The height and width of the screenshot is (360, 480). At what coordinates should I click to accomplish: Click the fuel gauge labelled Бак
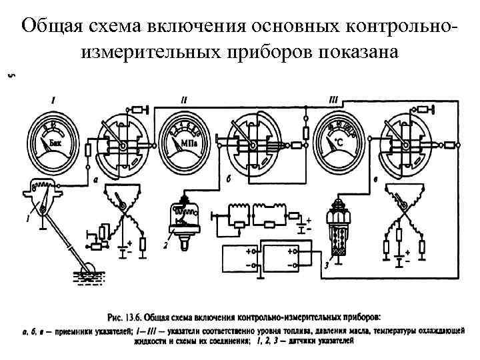tap(53, 142)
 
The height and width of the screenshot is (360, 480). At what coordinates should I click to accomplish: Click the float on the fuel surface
tap(87, 271)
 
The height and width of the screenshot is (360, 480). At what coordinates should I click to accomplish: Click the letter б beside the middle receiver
tap(229, 181)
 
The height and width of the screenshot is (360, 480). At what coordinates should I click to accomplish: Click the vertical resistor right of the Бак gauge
tap(87, 151)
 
